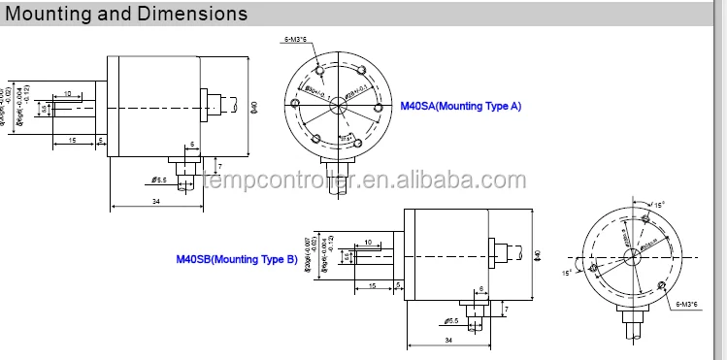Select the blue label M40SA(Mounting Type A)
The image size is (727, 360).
click(x=461, y=106)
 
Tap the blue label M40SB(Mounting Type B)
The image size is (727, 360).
click(x=236, y=259)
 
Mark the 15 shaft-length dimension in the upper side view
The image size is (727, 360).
click(x=72, y=141)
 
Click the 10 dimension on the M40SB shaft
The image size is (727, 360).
click(x=369, y=243)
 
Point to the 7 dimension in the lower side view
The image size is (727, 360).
click(x=506, y=309)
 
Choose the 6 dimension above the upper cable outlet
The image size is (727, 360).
click(x=191, y=144)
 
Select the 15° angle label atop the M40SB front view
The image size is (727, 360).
click(x=661, y=205)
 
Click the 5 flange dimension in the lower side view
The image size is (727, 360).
click(x=399, y=284)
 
